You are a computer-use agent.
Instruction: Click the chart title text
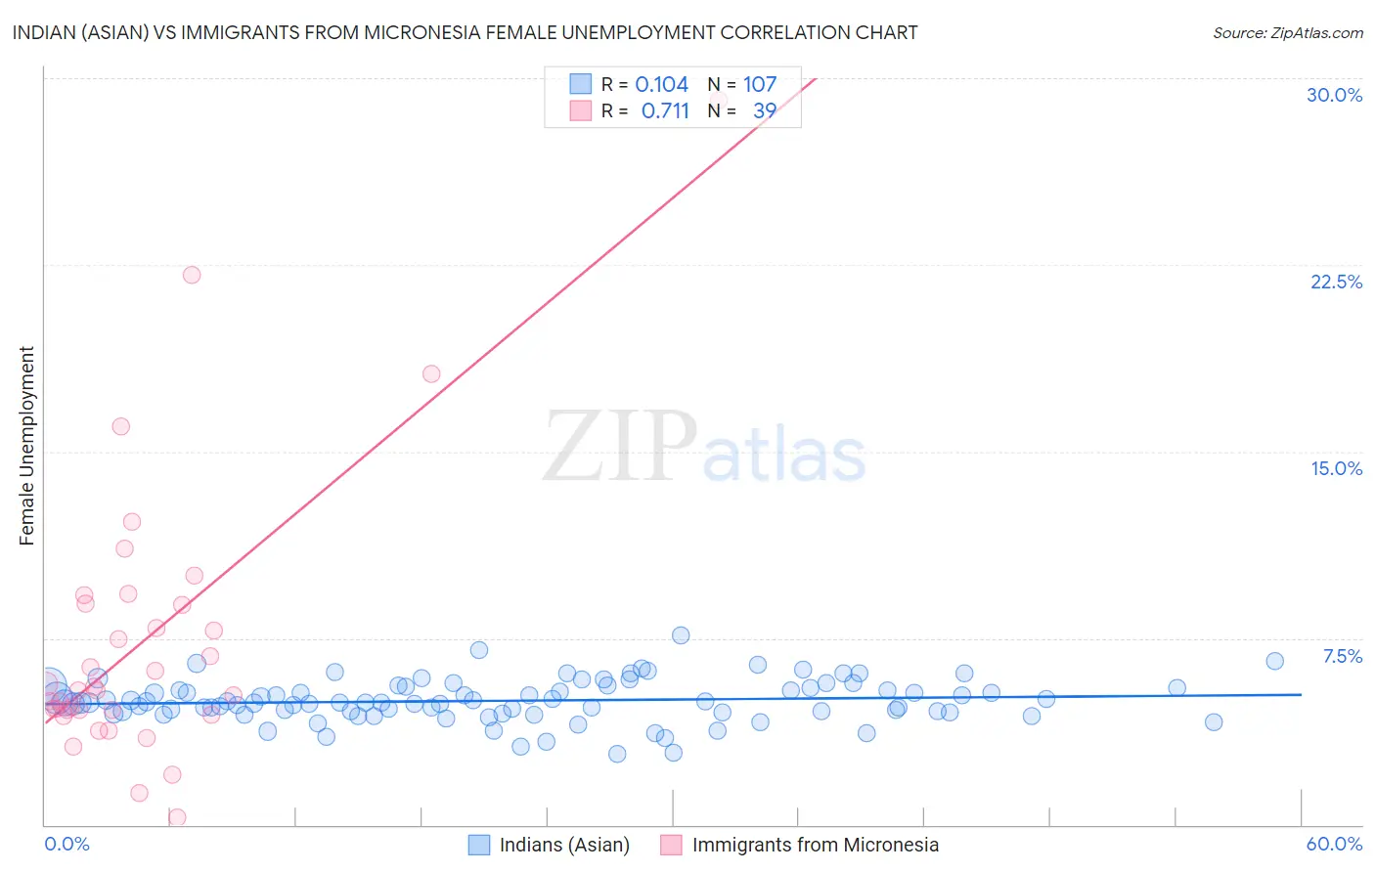click(x=465, y=32)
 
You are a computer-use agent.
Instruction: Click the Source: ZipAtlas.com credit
click(x=1287, y=32)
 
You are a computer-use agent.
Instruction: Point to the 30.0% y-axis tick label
click(x=1334, y=95)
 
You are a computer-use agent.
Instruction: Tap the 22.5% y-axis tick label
click(x=1336, y=282)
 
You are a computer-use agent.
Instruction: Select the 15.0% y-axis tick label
click(x=1336, y=468)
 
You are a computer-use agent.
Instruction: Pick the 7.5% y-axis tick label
click(x=1342, y=656)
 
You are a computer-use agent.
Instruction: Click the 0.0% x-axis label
click(x=67, y=844)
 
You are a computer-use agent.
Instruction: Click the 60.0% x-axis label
click(x=1334, y=844)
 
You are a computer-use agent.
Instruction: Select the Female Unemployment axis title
click(x=26, y=446)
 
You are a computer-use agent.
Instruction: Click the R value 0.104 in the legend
click(x=662, y=84)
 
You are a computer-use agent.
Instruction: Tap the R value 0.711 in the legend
click(x=665, y=110)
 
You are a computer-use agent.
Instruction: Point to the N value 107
click(x=760, y=84)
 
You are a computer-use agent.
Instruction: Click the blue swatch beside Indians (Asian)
click(x=478, y=845)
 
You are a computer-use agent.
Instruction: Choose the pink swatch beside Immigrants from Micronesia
click(x=671, y=845)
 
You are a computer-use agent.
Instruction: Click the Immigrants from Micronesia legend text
click(x=816, y=845)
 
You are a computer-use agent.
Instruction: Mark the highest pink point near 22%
click(x=192, y=275)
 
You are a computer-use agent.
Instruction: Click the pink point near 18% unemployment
click(x=431, y=373)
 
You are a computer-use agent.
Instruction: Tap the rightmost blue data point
click(x=1274, y=661)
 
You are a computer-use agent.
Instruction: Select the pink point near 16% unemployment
click(x=121, y=426)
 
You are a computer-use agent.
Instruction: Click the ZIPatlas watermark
click(x=704, y=447)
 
